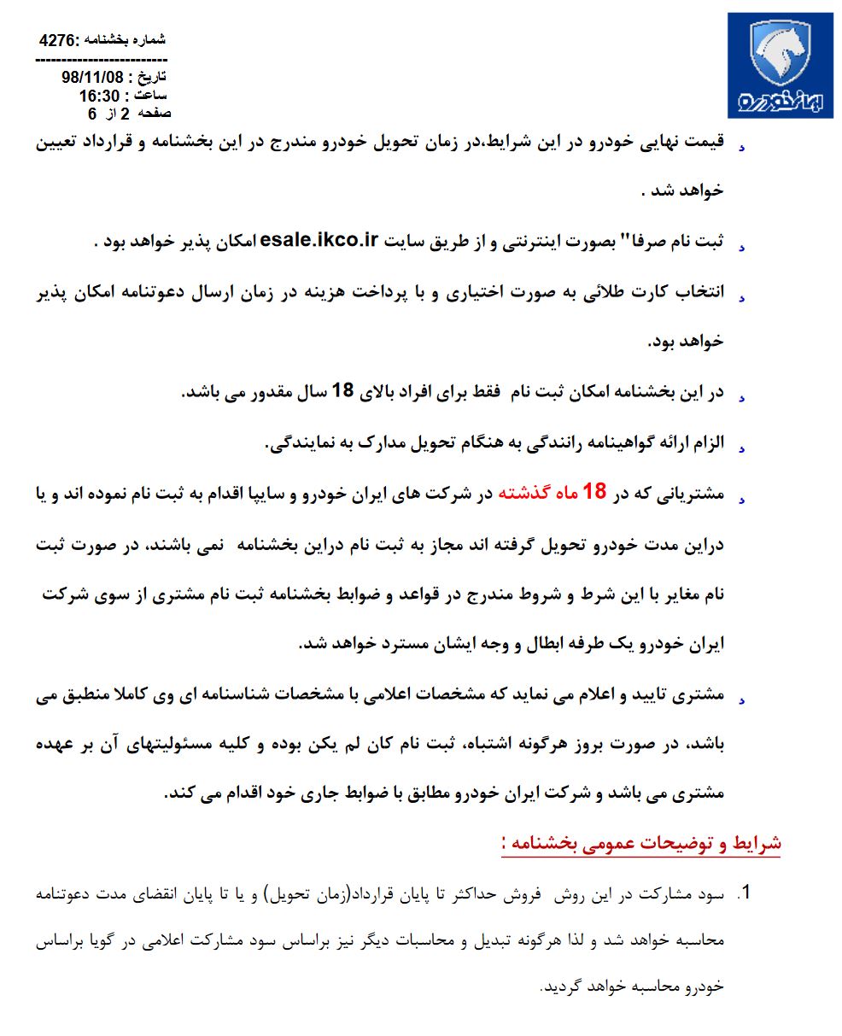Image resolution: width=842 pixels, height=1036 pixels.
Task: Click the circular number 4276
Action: (58, 40)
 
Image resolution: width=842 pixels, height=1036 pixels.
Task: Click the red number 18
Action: (593, 492)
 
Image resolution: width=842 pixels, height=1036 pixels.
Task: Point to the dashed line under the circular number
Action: (102, 61)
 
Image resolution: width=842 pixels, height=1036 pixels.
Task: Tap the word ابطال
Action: (473, 644)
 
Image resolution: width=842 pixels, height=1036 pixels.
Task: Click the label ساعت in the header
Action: (150, 96)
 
